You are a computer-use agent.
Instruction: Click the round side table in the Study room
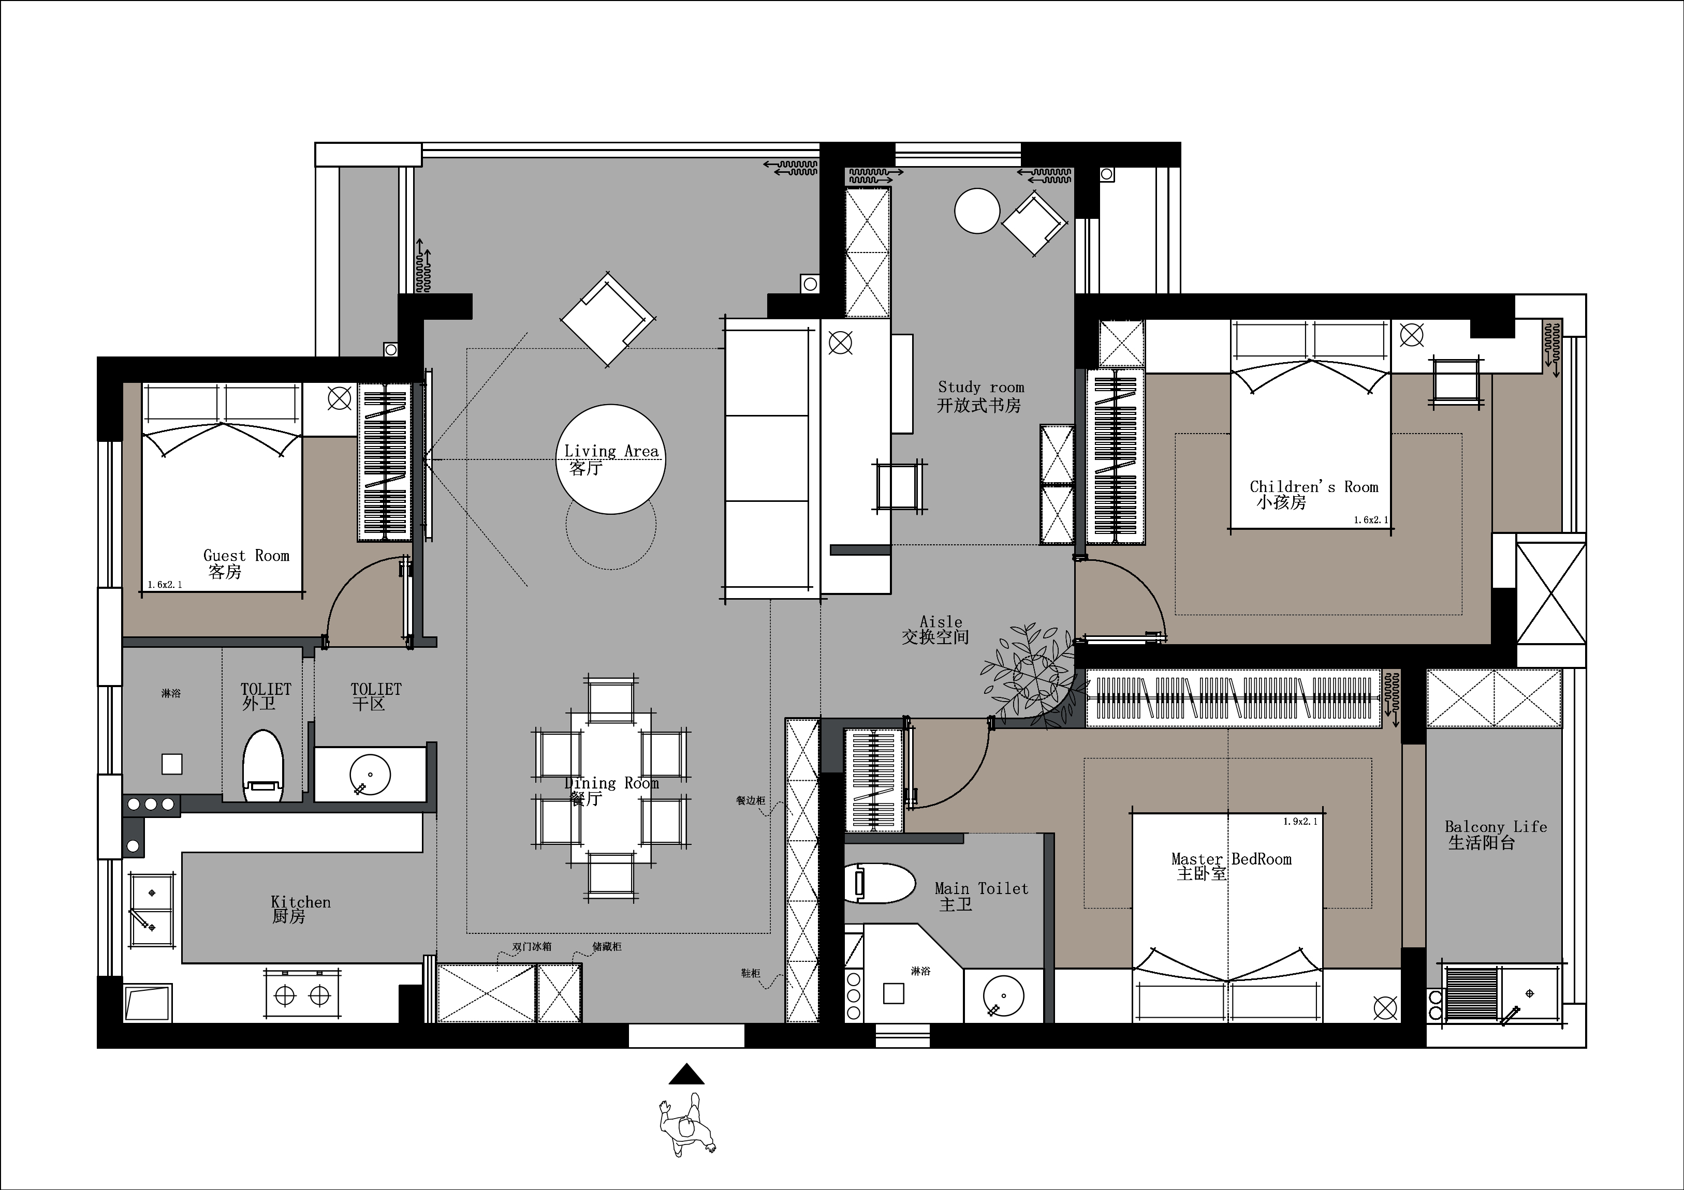[x=977, y=211]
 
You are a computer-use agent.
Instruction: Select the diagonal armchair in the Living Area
[x=607, y=320]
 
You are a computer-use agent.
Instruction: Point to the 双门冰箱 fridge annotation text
[x=531, y=947]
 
